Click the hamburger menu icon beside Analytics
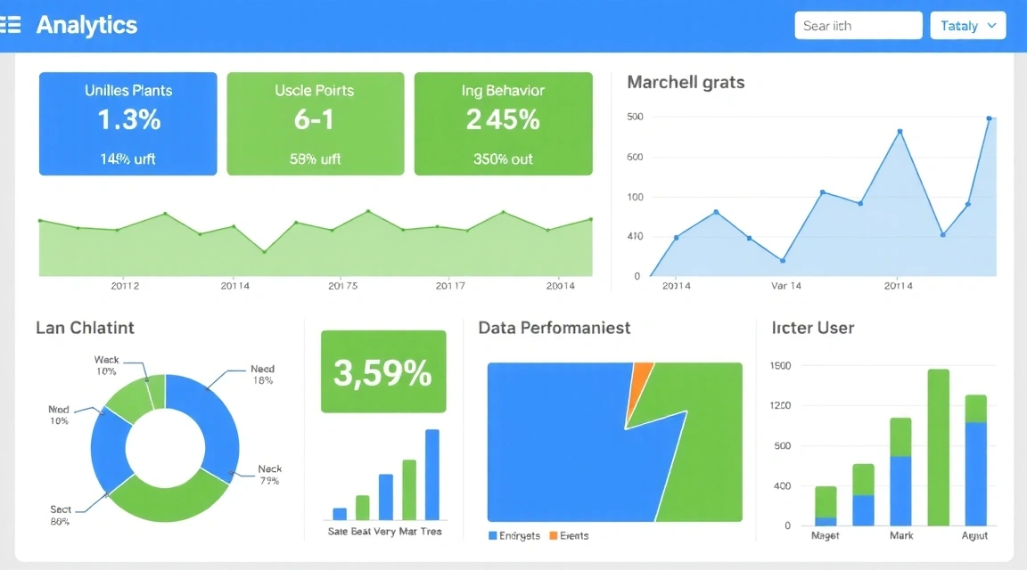click(10, 25)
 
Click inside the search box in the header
click(858, 26)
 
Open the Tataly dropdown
click(967, 26)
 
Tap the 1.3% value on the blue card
click(128, 120)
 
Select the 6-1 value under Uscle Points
click(315, 120)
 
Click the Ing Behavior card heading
click(503, 91)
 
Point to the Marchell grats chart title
click(686, 82)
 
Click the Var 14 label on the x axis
click(785, 286)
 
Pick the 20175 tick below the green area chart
click(342, 286)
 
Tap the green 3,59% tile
click(382, 372)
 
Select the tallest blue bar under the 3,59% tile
click(432, 474)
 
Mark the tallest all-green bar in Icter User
click(938, 447)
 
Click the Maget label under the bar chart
click(826, 535)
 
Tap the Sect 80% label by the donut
click(61, 516)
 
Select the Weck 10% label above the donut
click(106, 365)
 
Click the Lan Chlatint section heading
click(85, 328)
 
